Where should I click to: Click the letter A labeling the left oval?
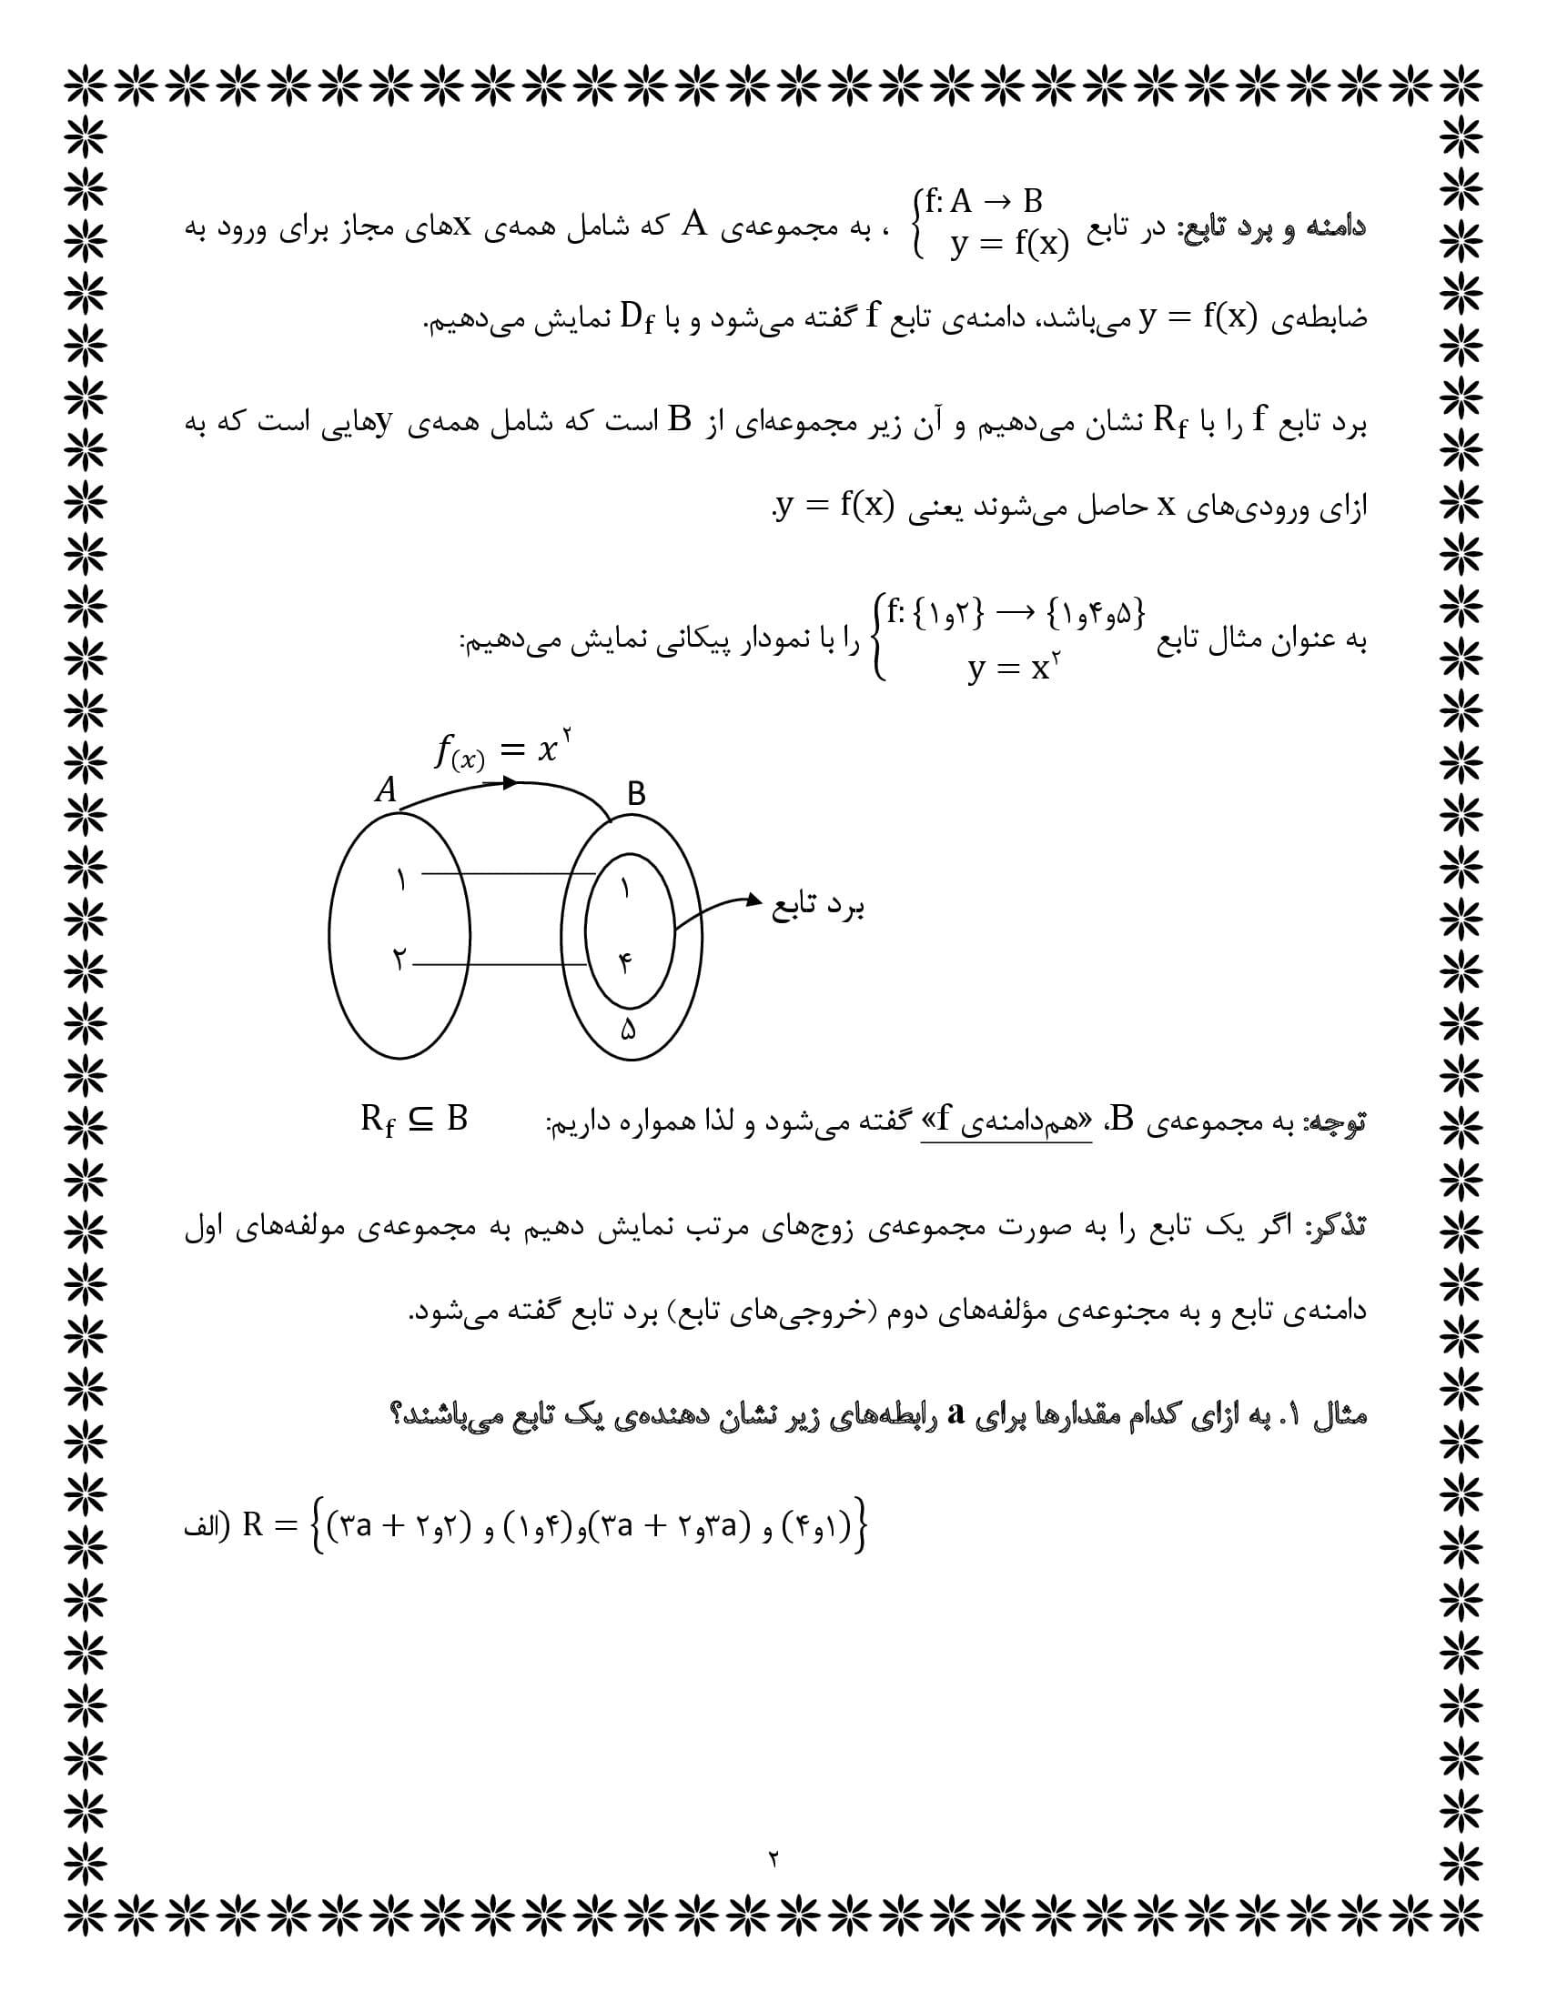pos(387,789)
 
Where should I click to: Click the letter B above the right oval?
pos(636,794)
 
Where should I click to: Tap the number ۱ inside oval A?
pos(400,880)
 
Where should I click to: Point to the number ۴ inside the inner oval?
pos(625,963)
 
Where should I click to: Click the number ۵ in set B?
pos(628,1029)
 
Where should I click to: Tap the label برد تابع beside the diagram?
pos(818,907)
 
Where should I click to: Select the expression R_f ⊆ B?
pos(413,1120)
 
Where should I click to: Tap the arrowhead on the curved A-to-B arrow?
pos(511,783)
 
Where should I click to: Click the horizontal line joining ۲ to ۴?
pos(500,964)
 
